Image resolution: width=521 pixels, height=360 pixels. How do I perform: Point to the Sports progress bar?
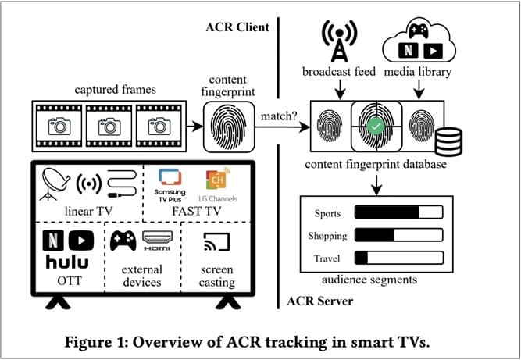(x=398, y=212)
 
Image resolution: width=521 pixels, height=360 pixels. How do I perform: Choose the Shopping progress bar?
(x=398, y=235)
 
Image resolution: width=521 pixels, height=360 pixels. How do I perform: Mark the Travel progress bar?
(x=398, y=258)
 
